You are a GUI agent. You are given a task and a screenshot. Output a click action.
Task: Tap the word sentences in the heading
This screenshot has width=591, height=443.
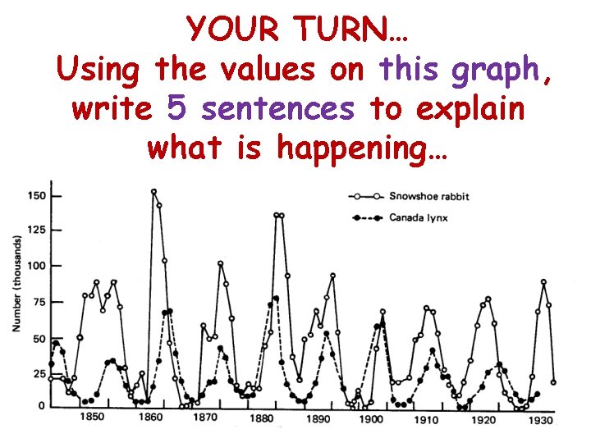pos(277,109)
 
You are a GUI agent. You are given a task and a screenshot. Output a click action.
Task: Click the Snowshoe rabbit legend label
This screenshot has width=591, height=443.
pos(428,197)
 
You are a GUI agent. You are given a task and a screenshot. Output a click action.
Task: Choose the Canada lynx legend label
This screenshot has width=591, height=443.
pos(418,218)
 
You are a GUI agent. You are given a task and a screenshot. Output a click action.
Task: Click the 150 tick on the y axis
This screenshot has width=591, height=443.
pos(35,196)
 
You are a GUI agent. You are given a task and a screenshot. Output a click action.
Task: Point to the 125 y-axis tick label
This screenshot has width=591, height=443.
pos(35,230)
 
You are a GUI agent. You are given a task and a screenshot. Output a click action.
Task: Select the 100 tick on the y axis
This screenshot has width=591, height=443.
pos(35,266)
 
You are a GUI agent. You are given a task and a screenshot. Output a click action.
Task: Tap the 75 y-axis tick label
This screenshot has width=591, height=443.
pos(39,302)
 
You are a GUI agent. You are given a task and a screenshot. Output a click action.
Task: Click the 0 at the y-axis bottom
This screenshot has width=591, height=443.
pos(42,407)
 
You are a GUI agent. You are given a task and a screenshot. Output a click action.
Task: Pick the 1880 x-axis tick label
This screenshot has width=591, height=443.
pos(261,419)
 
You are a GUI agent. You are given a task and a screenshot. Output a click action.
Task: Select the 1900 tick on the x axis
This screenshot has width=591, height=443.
pos(372,420)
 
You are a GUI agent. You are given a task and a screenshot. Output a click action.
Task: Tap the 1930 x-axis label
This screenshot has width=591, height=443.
pos(539,421)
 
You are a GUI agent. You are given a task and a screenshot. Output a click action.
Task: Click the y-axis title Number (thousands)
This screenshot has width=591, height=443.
pos(16,283)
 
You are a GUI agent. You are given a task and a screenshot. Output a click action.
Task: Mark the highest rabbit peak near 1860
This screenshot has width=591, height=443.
pos(153,192)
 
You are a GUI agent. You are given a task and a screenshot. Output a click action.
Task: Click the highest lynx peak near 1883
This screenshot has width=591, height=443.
pos(276,299)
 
